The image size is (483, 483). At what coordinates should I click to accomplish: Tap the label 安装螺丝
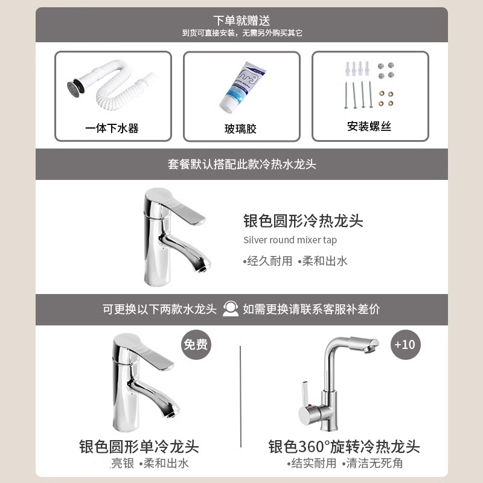(369, 127)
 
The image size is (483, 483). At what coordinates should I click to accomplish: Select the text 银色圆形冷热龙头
(303, 220)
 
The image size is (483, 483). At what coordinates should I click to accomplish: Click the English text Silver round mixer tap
(290, 240)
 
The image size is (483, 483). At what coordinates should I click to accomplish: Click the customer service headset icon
(229, 309)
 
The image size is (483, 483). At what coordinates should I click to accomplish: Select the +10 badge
(405, 345)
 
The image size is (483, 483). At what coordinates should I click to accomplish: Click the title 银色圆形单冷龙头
(139, 447)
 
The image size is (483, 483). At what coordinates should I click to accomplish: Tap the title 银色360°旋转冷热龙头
(344, 447)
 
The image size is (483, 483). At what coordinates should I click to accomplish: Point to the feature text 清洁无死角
(374, 464)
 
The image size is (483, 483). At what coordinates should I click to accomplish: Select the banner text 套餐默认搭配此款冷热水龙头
(241, 164)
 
